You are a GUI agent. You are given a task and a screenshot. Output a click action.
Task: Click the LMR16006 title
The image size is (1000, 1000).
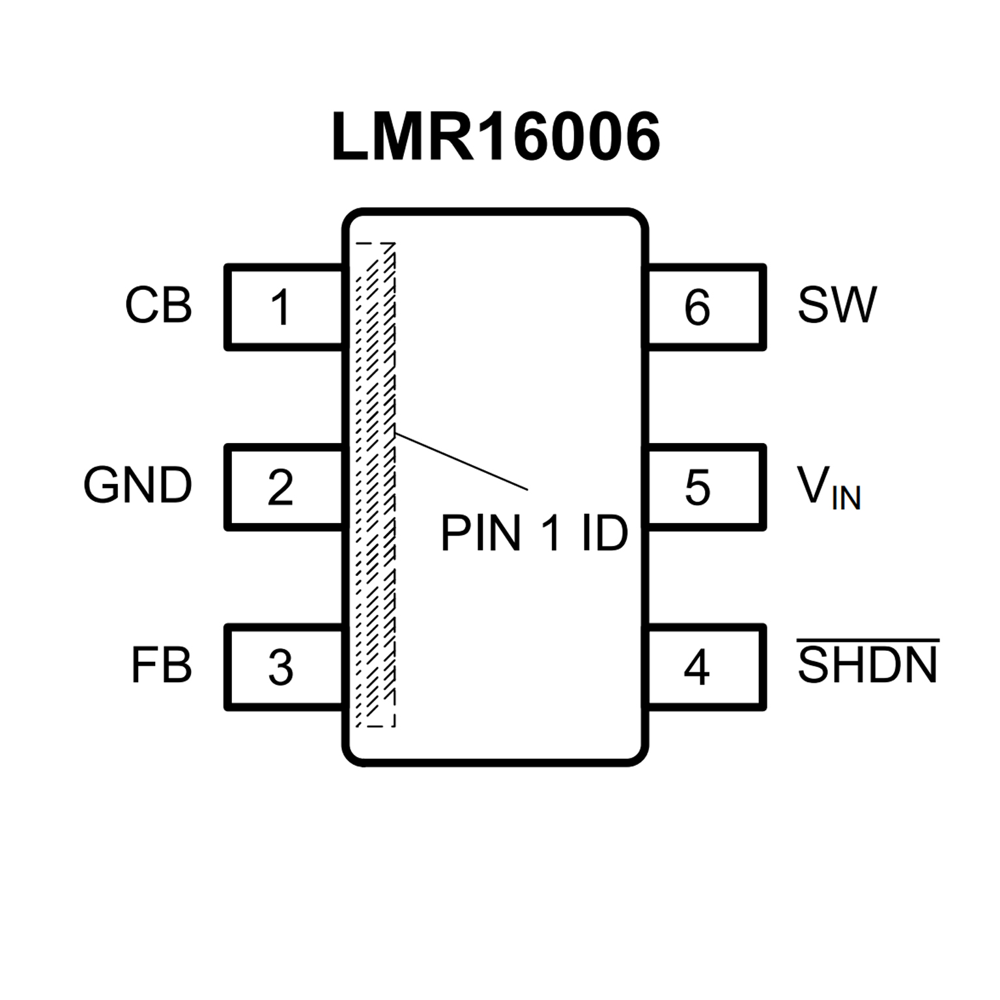point(496,137)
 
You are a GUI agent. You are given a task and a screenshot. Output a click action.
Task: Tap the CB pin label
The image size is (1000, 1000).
point(158,305)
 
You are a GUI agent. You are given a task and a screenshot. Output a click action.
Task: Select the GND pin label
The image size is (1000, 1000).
point(137,485)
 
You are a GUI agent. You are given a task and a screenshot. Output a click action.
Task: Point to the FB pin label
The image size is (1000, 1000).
point(161,665)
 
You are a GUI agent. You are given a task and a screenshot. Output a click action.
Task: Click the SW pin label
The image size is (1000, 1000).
point(837,305)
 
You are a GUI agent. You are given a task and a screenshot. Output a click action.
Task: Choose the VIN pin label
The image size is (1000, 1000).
point(829,487)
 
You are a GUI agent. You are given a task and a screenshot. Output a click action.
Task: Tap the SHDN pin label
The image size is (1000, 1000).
point(868,665)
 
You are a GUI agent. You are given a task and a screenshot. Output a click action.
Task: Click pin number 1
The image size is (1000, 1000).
point(280,307)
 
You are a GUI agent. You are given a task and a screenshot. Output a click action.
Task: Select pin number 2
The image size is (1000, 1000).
point(280,487)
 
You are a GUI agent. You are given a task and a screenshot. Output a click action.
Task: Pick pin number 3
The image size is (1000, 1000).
point(280,668)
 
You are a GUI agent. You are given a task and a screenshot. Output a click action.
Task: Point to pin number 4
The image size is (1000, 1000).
point(696,668)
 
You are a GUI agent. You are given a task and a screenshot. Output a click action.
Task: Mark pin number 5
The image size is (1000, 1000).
point(697,487)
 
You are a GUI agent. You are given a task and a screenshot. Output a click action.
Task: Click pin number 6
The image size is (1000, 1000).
point(697,307)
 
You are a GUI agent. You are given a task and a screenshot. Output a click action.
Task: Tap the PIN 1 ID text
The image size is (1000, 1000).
point(534,534)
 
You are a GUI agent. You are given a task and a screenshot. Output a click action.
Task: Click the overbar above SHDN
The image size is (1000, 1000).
point(868,641)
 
